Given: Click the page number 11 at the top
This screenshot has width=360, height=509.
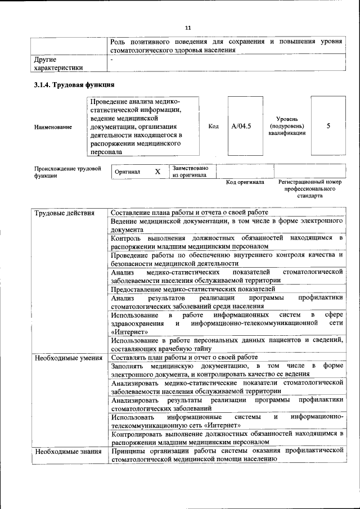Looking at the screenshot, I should point(188,28).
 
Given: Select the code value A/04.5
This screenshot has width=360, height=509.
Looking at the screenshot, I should point(241,126).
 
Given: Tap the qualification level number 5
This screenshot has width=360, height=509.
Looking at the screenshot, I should point(328,126).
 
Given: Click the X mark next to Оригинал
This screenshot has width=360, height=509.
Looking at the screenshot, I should point(157,172).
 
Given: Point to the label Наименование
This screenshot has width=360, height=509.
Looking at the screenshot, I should point(53,127).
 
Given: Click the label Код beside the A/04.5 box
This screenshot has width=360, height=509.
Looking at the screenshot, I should point(214,127).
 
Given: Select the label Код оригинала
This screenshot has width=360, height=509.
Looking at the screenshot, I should point(245,182).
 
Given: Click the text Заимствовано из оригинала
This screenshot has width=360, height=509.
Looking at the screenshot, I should point(190,172).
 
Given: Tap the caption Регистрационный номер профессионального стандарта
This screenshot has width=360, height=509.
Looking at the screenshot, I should point(309,190).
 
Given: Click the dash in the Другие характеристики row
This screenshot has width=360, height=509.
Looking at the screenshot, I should point(112,58).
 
